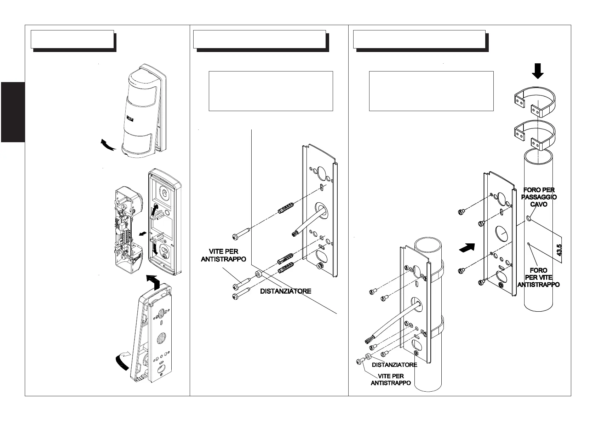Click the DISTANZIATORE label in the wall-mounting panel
pos(286,291)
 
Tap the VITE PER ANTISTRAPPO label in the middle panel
pos(223,255)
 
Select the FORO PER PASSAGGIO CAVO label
pos(539,197)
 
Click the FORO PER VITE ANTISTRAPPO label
pos(538,277)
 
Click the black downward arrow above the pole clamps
pos(538,70)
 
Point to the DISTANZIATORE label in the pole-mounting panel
pos(394,364)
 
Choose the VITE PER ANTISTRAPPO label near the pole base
pos(391,379)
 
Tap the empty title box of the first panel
pos(72,39)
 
